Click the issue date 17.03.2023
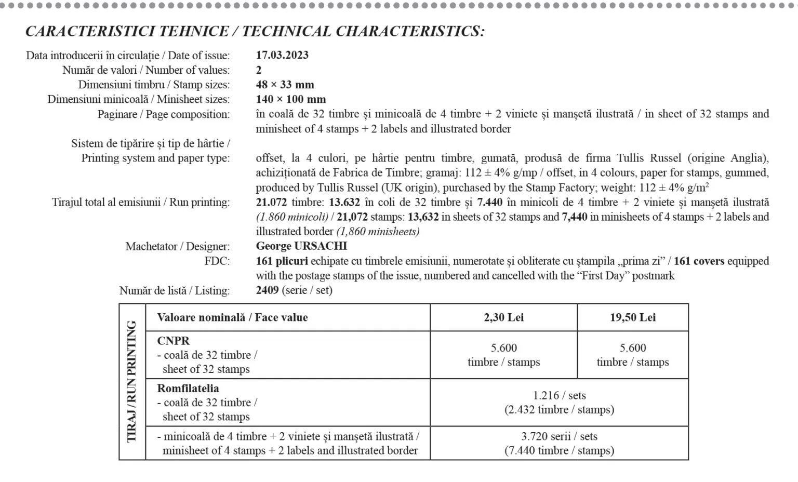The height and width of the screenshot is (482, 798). pos(282,55)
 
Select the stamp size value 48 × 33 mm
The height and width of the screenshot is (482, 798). pos(285,85)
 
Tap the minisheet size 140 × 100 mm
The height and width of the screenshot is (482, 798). pos(291,99)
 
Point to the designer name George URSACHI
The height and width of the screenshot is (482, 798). pos(301,246)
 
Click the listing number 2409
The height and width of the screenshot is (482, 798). pos(267,290)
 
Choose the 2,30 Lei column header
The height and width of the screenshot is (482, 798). pos(503,317)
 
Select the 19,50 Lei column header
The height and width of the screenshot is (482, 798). pos(632,317)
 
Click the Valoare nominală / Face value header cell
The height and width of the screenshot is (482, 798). pos(232,317)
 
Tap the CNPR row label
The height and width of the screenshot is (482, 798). pos(174,341)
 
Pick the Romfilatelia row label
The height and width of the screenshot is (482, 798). pos(188,389)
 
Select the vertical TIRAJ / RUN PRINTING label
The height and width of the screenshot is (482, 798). pos(132,382)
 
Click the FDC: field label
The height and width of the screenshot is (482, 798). pos(217,261)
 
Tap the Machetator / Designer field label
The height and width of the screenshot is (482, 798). pos(177,247)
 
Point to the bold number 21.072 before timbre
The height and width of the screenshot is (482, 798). pos(272,203)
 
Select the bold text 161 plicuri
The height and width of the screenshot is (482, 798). pos(282,261)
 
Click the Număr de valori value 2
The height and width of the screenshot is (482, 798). pos(259,70)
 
